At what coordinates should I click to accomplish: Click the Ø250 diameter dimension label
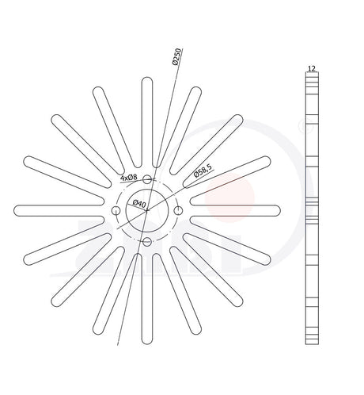point(176,56)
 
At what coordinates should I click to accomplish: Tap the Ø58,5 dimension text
point(203,171)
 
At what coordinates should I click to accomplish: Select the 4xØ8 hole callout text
point(129,178)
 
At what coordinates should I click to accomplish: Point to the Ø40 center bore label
point(139,204)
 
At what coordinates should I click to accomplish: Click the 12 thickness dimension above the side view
point(312,68)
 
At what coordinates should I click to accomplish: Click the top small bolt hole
point(147,179)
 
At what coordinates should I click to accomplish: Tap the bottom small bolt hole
point(147,241)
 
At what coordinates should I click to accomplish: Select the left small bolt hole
point(116,211)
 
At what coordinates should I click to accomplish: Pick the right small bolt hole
point(178,211)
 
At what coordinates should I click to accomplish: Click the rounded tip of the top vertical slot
point(147,77)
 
